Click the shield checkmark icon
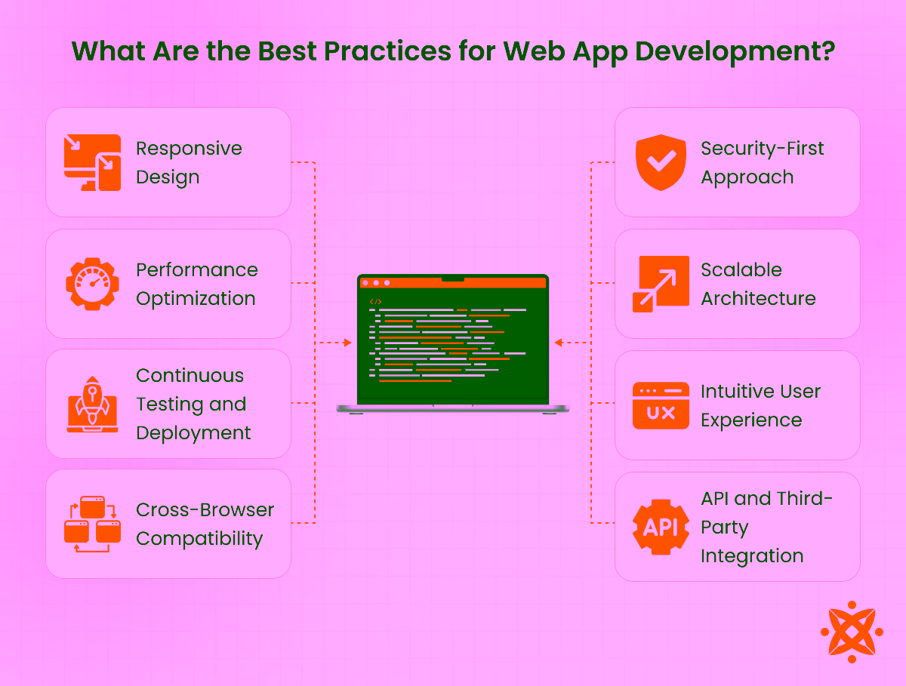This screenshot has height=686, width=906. tap(661, 163)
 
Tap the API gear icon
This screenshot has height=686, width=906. tap(661, 527)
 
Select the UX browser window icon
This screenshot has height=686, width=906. tap(661, 405)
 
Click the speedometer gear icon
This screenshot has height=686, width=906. tap(93, 284)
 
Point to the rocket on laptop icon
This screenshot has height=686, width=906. tap(93, 405)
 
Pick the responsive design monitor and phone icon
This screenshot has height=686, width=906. tap(93, 162)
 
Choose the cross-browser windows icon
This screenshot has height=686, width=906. tap(93, 524)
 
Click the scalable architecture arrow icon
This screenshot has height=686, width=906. tap(661, 284)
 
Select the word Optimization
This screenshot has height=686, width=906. tap(196, 299)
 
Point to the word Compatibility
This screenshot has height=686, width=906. tap(199, 539)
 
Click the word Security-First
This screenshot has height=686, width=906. tap(763, 149)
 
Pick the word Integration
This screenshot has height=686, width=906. tap(752, 556)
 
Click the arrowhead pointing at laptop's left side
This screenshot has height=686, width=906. tap(347, 343)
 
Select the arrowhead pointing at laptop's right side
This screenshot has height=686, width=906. tap(558, 343)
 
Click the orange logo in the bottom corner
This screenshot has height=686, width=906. tap(851, 631)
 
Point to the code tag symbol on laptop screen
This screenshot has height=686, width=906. tap(375, 301)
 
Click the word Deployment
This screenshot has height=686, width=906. tap(193, 433)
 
